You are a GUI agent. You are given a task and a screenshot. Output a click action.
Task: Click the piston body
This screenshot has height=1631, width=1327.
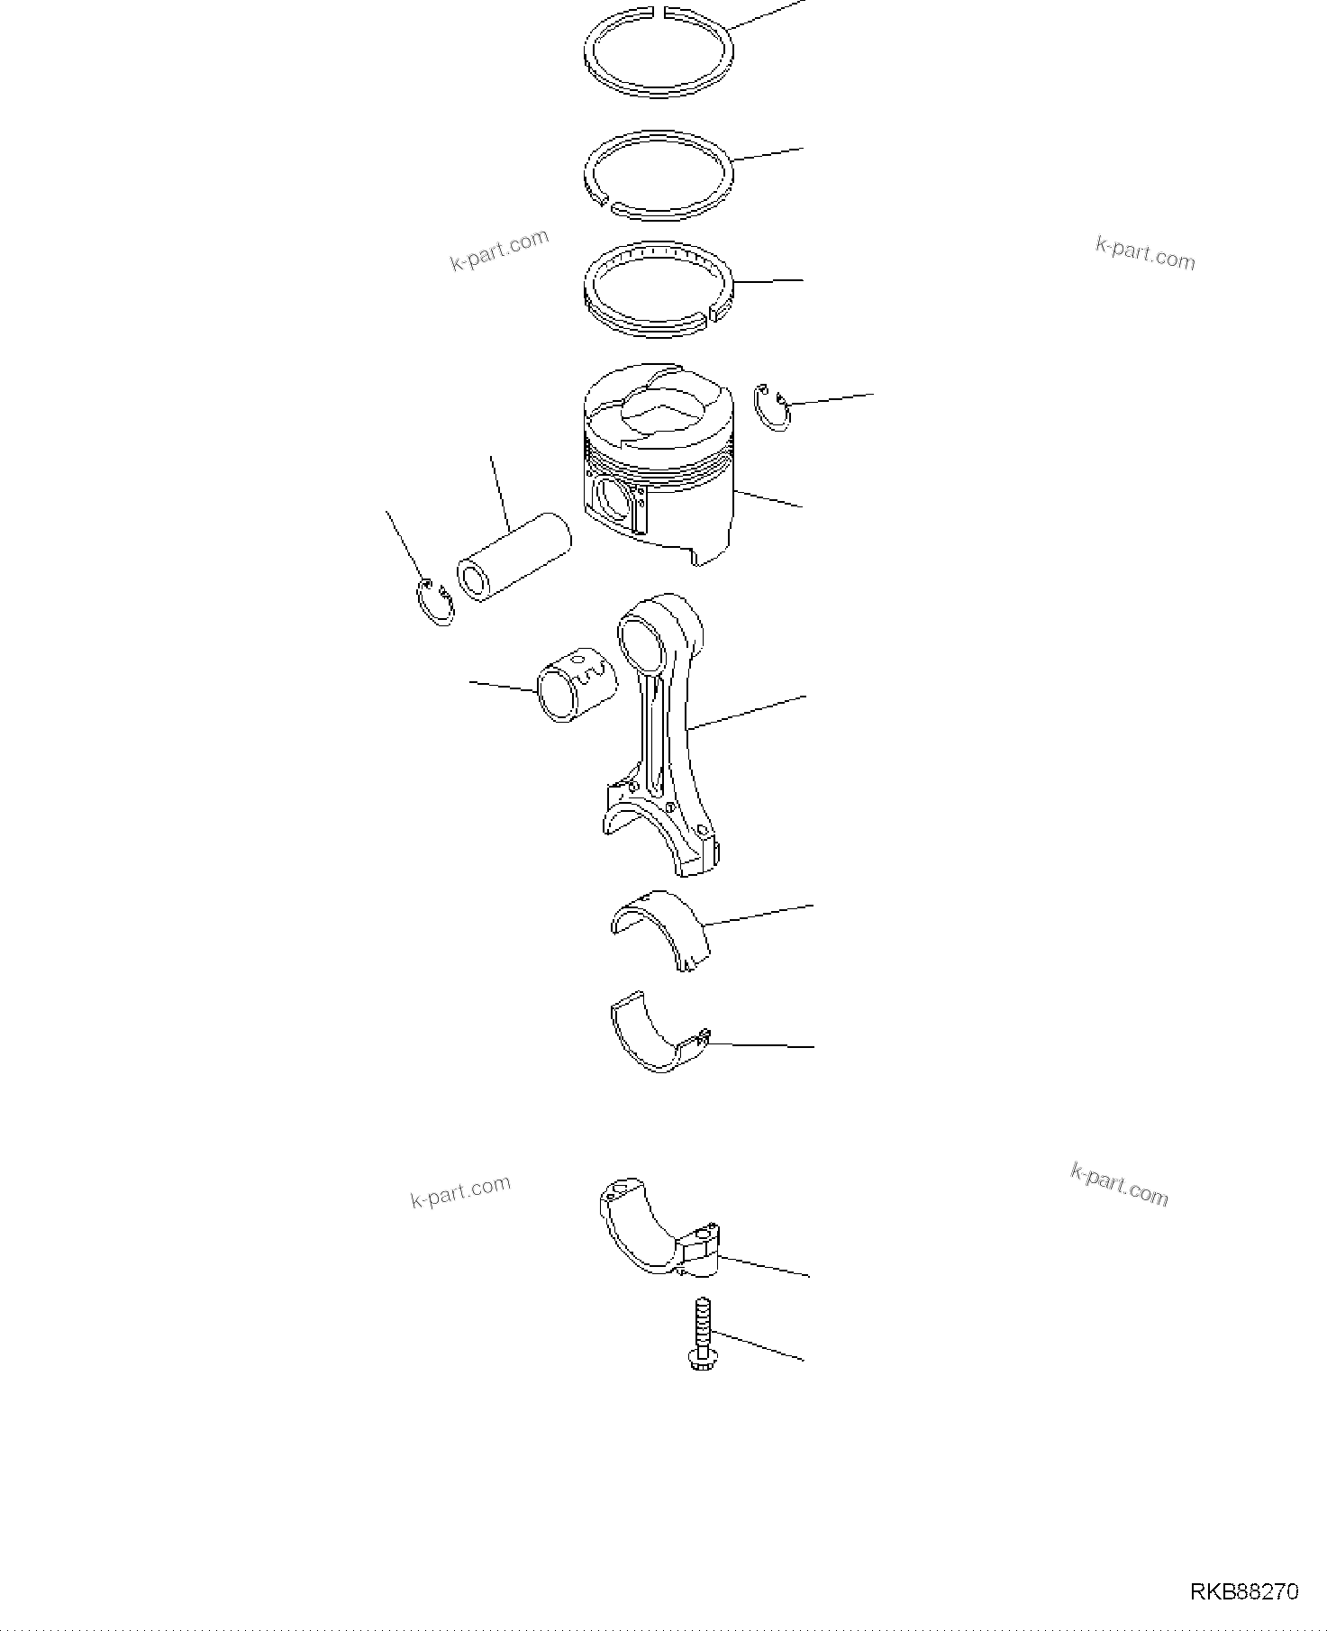click(685, 514)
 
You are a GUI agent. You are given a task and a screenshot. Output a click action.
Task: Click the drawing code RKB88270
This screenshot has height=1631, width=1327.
click(1244, 1592)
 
